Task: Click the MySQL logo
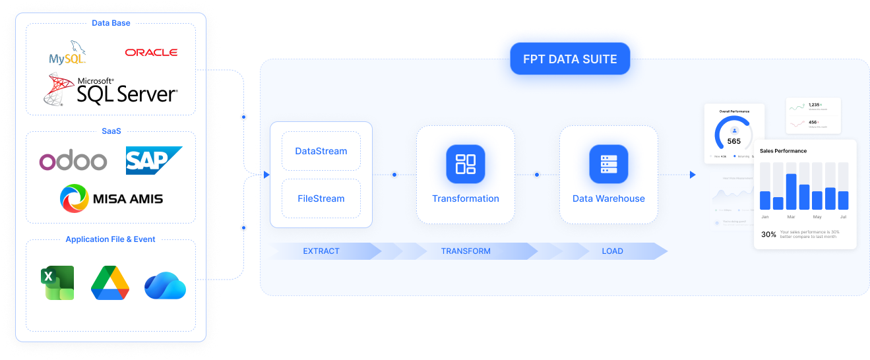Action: point(67,54)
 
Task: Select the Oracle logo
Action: point(151,52)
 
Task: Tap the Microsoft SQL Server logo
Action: point(111,90)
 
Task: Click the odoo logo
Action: point(73,161)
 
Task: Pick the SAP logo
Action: point(153,161)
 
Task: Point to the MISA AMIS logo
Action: point(111,198)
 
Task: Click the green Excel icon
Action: point(58,283)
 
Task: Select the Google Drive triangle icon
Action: point(110,284)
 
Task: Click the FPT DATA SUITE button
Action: point(570,59)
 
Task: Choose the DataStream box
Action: point(321,151)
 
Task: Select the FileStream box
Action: point(321,198)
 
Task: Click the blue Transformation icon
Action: point(466,164)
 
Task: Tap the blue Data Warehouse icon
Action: point(608,164)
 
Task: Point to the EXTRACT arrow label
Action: point(321,251)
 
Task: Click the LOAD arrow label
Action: point(612,251)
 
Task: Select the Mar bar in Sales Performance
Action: point(792,191)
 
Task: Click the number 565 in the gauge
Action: point(734,141)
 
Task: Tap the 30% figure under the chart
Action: point(768,234)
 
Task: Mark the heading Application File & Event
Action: point(111,239)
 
